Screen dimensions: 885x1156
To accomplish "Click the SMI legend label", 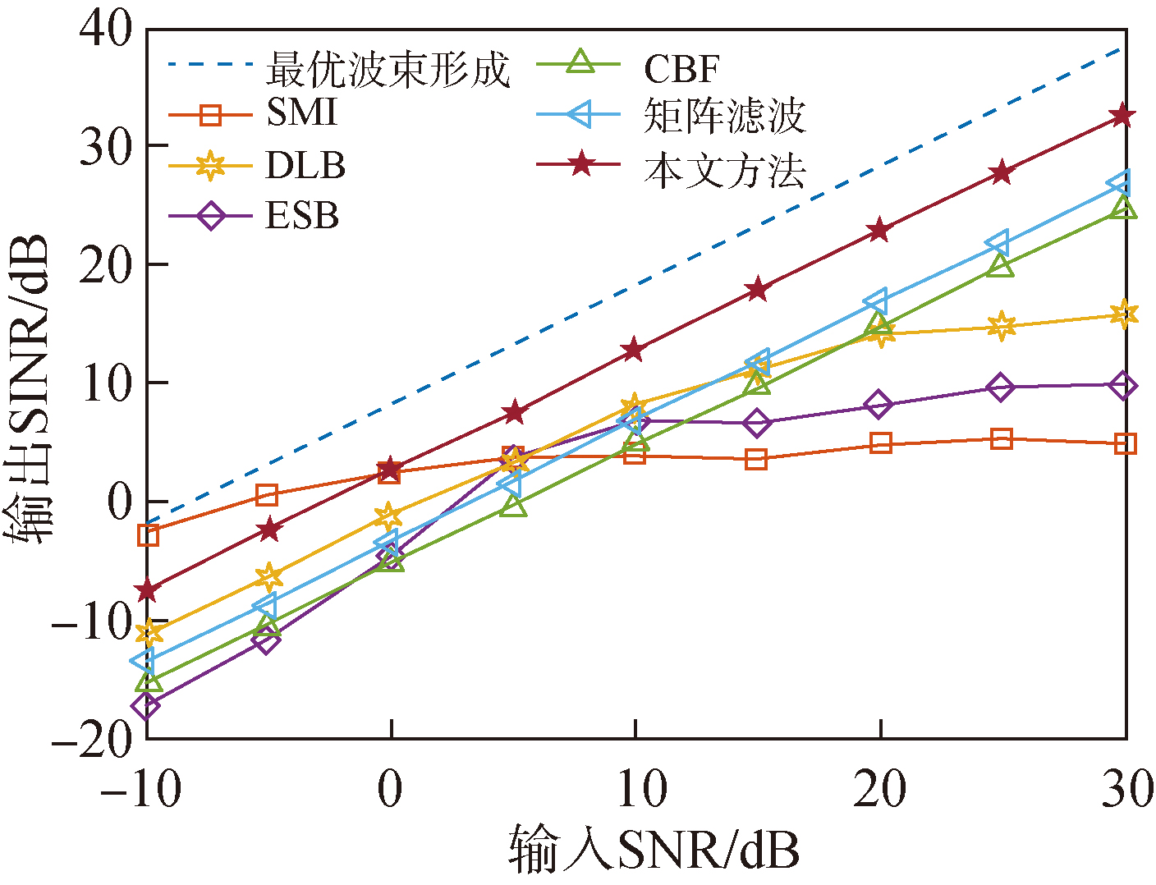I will [301, 112].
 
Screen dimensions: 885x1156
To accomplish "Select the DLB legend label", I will [305, 165].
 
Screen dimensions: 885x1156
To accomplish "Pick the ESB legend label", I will [301, 216].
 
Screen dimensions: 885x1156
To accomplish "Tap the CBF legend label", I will [681, 69].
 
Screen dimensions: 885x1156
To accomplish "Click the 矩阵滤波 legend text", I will [724, 117].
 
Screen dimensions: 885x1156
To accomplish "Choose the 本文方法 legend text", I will [724, 171].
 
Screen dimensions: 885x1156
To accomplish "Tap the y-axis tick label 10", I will [105, 383].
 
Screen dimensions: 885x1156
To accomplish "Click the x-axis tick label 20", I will [879, 790].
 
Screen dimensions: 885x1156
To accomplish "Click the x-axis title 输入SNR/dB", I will [654, 850].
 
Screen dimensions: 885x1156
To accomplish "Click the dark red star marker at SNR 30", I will [1122, 116].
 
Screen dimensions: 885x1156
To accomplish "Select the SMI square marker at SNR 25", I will [1001, 438].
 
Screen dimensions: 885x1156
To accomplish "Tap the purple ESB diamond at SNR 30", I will [1123, 386].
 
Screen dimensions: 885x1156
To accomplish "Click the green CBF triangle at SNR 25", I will [1000, 265].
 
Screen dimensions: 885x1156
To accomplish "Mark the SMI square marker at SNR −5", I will [267, 494].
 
